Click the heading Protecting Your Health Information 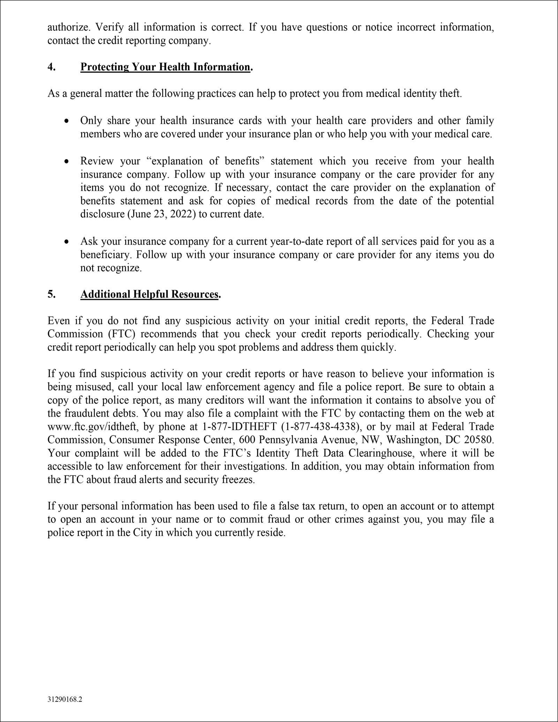[165, 67]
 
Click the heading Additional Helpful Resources [150, 294]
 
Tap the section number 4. [51, 67]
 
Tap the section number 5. [51, 294]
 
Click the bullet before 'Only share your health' [66, 121]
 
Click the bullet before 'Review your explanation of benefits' [66, 162]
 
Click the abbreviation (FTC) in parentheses [121, 334]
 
